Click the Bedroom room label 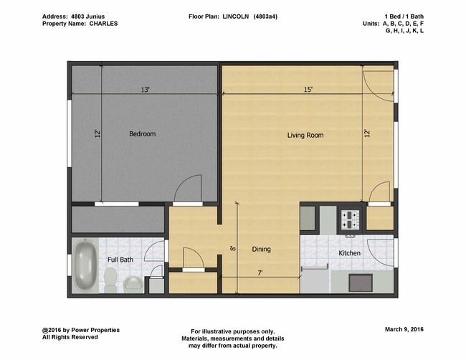(x=142, y=134)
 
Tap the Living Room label (x=305, y=135)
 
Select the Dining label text (x=261, y=250)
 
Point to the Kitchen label (x=349, y=253)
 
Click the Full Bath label (x=120, y=260)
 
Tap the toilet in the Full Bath (x=110, y=279)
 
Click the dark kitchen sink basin (x=361, y=283)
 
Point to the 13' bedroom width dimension (x=145, y=90)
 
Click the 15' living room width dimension (x=307, y=90)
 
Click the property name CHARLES (x=103, y=23)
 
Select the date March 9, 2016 (x=404, y=329)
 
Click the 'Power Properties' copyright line (x=81, y=329)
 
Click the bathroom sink (x=133, y=284)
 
